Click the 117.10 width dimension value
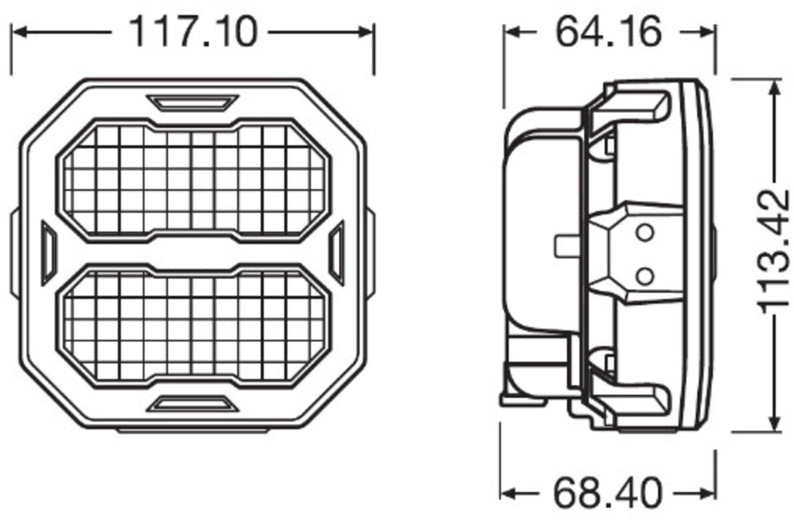194,32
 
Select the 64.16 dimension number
609,32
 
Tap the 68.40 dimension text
607,492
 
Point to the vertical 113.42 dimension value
773,251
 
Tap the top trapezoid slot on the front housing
193,103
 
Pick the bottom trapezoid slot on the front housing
194,403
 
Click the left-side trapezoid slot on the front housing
49,252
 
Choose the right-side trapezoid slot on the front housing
338,252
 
